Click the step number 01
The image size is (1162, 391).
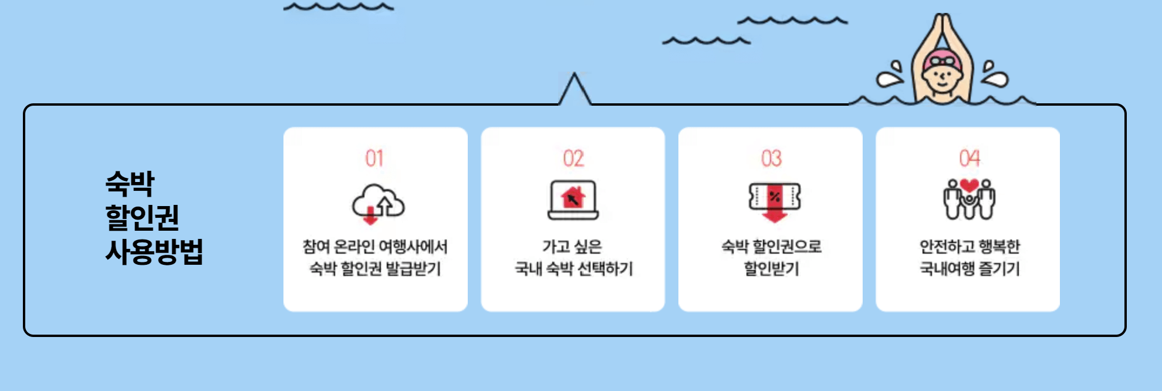coord(374,159)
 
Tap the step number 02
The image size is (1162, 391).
coord(573,159)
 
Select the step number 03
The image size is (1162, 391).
coord(771,159)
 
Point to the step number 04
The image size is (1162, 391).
coord(969,158)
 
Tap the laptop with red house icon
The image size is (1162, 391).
coord(573,200)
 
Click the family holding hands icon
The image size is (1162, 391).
coord(969,201)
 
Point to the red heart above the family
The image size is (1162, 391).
coord(969,186)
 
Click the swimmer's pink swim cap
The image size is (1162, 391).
coord(942,59)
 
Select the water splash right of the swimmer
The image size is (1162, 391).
coord(994,75)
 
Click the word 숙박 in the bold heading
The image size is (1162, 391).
coord(130,183)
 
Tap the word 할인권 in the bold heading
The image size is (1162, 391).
coord(142,217)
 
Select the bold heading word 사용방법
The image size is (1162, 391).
coord(154,251)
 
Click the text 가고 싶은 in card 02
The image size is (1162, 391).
coord(572,247)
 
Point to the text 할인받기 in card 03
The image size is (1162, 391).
coord(771,269)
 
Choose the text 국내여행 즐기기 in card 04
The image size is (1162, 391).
coord(969,269)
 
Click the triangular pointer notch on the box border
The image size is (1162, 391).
coord(575,90)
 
